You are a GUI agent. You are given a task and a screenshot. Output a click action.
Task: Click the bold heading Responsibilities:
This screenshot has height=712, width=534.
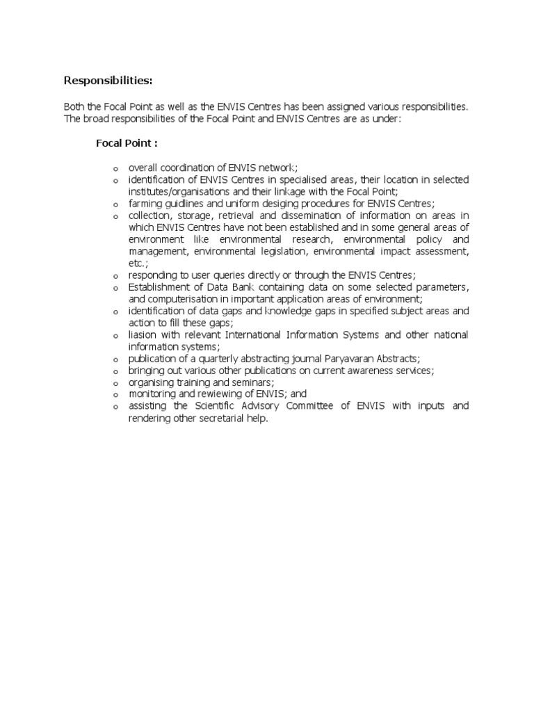pos(108,81)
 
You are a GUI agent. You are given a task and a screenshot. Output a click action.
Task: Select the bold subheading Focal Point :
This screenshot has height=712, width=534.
pos(127,143)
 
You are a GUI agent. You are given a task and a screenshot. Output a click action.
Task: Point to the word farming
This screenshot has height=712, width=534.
pos(145,204)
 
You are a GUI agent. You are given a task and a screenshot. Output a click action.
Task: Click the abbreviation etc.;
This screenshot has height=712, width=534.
pos(138,264)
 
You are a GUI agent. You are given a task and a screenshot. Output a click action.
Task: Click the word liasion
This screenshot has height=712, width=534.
pos(142,335)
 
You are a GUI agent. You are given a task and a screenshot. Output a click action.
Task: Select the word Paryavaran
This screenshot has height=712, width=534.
pos(345,359)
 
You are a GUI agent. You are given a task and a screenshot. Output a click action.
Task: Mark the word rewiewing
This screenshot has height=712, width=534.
pos(219,394)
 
